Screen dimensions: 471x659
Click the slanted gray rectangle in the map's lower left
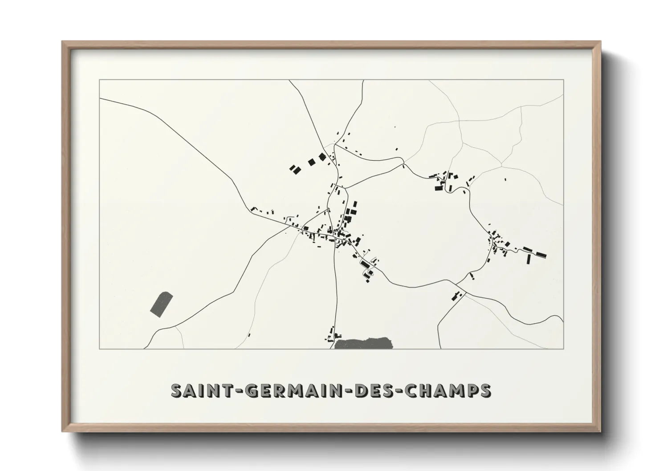point(161,304)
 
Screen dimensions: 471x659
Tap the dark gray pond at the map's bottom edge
point(364,343)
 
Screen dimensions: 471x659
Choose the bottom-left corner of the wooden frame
point(63,431)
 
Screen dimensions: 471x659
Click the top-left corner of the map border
point(100,80)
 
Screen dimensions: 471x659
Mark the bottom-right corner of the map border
point(563,349)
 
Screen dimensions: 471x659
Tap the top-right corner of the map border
point(563,80)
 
